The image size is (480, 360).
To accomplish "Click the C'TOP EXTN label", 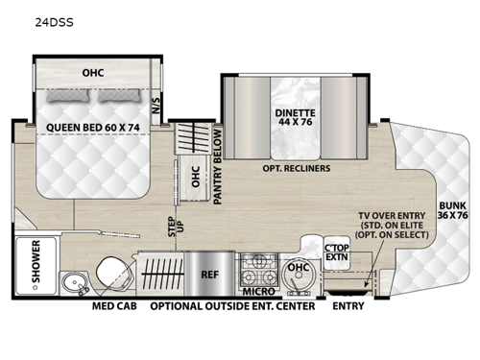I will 336,253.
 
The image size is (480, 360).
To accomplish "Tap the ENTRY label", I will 347,308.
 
